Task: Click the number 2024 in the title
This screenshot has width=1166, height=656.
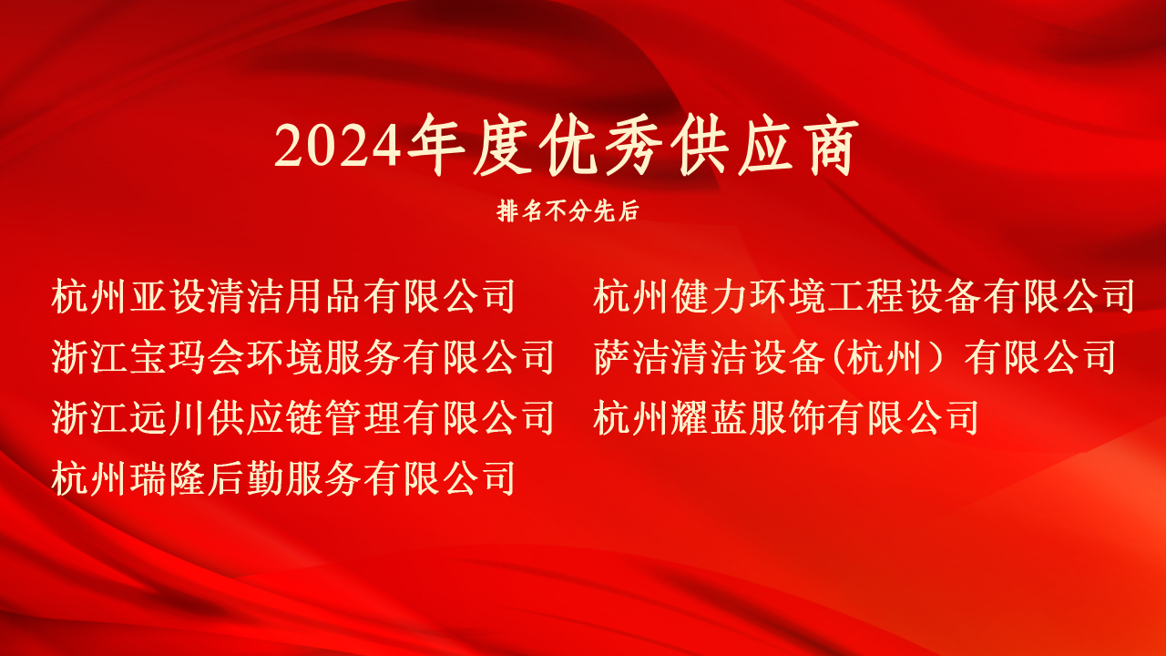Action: click(x=338, y=147)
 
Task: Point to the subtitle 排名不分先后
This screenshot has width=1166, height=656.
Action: click(x=568, y=210)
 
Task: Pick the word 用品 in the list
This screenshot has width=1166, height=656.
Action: click(x=323, y=296)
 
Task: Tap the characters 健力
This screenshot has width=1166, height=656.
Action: click(x=710, y=296)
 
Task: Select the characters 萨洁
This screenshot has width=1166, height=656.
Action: click(x=632, y=357)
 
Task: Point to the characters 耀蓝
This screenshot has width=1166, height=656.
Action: click(x=710, y=417)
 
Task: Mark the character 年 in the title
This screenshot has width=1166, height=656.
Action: click(x=436, y=145)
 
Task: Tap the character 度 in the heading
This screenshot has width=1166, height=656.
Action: click(x=502, y=145)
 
